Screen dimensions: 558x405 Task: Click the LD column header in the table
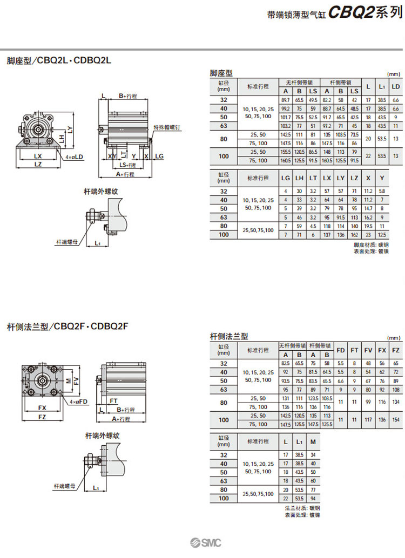click(x=395, y=86)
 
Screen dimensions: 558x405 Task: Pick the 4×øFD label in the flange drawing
click(x=79, y=402)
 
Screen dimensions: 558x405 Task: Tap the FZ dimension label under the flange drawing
click(x=42, y=417)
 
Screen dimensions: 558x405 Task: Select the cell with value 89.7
click(x=286, y=100)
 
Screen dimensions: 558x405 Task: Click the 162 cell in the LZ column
click(x=354, y=235)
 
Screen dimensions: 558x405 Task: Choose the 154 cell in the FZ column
click(x=396, y=420)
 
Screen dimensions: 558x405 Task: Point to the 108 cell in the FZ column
click(x=396, y=389)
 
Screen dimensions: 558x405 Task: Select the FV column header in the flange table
click(x=368, y=350)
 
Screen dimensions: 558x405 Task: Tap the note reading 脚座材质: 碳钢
click(x=370, y=245)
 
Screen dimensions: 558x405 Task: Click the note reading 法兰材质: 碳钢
click(x=302, y=508)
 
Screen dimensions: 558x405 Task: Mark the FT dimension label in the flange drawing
click(x=114, y=402)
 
